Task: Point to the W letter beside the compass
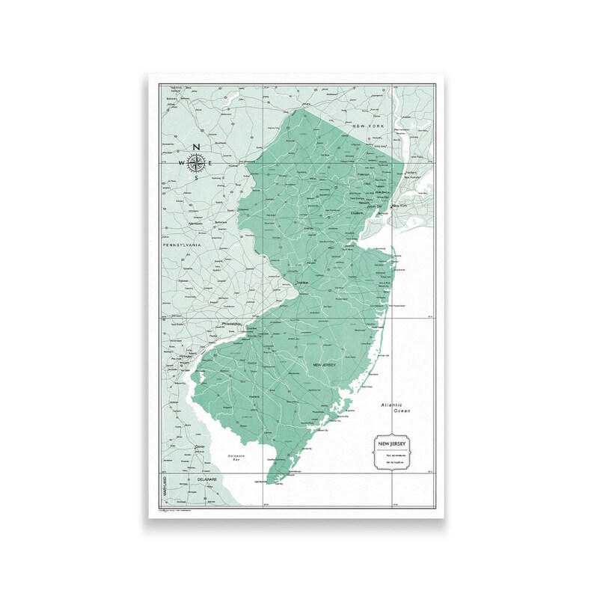182,162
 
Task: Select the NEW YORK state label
369,127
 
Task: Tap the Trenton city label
302,283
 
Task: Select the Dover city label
199,447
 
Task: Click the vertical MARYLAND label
164,486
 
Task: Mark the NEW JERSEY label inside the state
323,364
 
